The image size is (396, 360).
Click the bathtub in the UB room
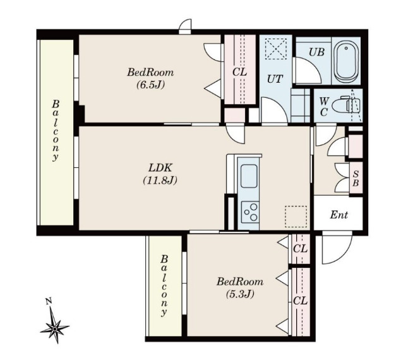(x=346, y=61)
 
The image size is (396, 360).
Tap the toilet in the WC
(x=345, y=105)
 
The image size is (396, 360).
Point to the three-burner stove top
(x=250, y=212)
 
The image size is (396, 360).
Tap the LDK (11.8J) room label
(x=160, y=174)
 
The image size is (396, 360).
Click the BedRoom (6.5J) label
(x=150, y=78)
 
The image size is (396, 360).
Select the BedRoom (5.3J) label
(x=240, y=287)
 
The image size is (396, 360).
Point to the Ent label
(x=339, y=215)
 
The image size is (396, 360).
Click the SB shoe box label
(x=356, y=178)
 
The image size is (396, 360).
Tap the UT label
(x=275, y=80)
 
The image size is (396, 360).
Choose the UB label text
(x=316, y=52)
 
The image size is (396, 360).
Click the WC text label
(x=324, y=107)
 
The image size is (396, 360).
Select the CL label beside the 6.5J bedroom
(x=239, y=73)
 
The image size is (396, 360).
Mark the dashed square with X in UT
(x=276, y=49)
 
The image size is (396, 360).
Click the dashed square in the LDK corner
(x=296, y=217)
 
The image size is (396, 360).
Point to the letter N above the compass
(x=49, y=301)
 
